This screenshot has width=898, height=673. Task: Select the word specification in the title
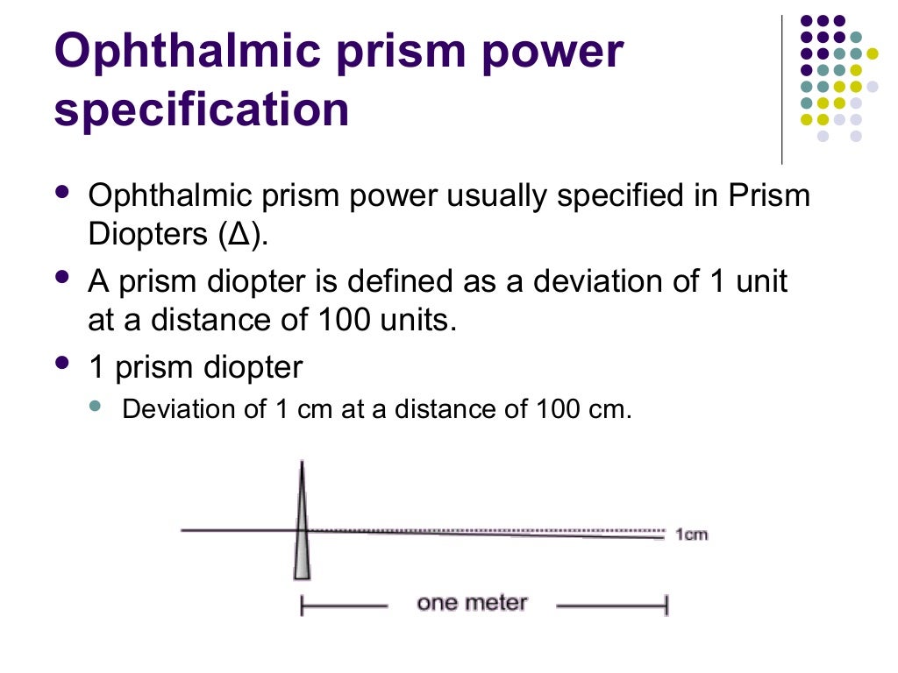pyautogui.click(x=202, y=110)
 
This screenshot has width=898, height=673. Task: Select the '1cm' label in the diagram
pyautogui.click(x=692, y=534)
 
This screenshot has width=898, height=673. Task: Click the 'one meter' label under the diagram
pyautogui.click(x=472, y=603)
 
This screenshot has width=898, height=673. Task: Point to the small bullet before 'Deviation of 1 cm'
pyautogui.click(x=96, y=405)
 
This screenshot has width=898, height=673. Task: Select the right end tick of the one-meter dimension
pyautogui.click(x=666, y=604)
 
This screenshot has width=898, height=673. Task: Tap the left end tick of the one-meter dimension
pyautogui.click(x=302, y=604)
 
